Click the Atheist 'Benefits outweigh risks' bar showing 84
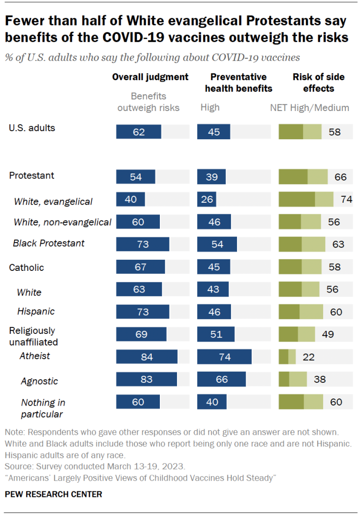coord(146,357)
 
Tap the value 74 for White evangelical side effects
coord(346,199)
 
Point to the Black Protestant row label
coord(48,243)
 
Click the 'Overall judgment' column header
coord(150,77)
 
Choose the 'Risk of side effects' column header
coord(319,83)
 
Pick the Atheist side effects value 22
coord(309,357)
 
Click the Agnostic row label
coord(39,381)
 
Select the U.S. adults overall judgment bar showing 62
coord(139,132)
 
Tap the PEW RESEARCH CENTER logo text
coord(53,494)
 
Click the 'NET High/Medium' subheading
coord(310,107)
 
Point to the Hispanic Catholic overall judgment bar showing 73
coord(143,312)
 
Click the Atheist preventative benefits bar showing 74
coord(224,357)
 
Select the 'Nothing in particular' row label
coord(43,408)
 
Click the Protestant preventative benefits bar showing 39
coord(211,176)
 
